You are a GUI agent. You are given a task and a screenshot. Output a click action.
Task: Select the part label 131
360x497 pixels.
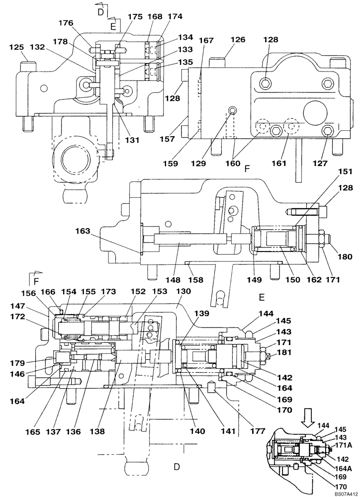132,140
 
